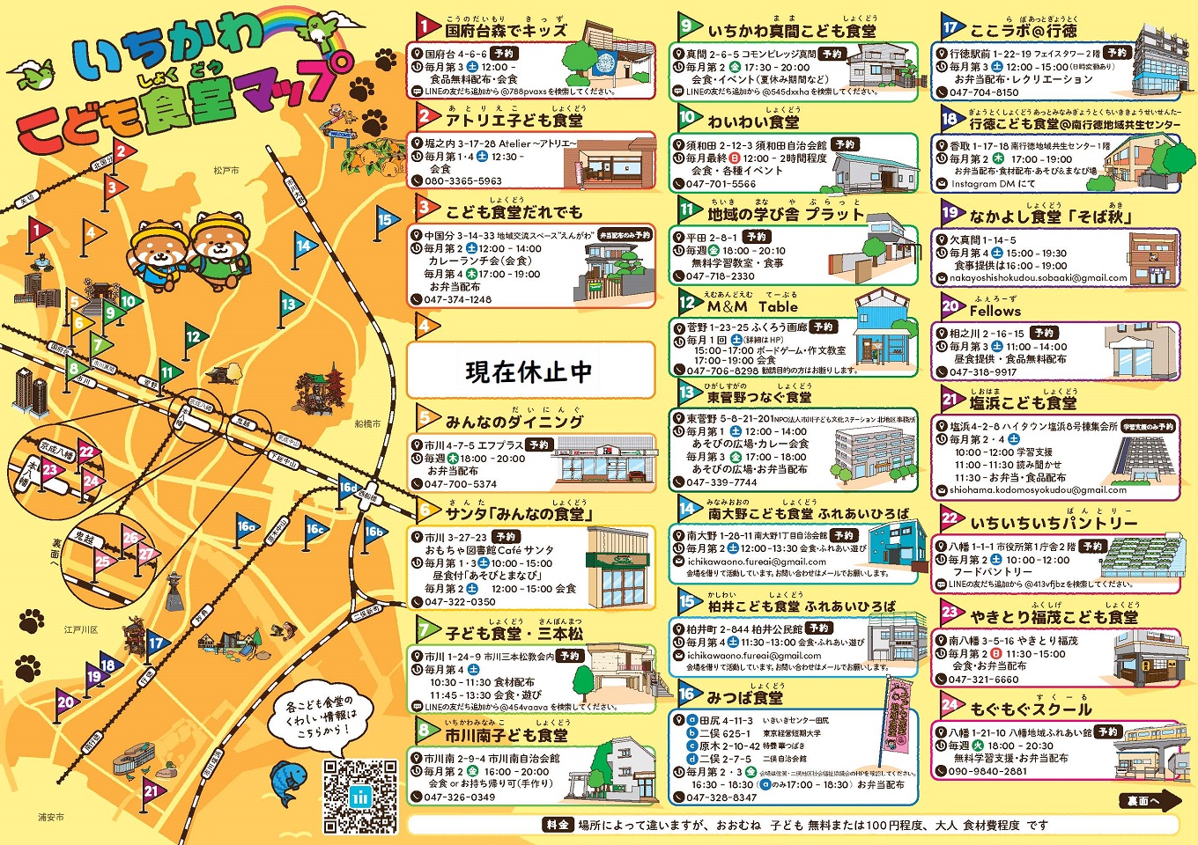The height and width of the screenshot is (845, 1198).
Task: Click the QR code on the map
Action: point(360,796)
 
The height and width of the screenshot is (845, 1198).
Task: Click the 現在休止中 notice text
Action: point(529,371)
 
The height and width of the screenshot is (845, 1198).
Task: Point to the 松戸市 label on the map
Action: point(226,170)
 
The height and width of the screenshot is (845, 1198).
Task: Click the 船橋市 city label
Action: point(367,423)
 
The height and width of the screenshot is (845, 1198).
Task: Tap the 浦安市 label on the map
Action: point(50,817)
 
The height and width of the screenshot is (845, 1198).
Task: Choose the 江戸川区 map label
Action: point(81,630)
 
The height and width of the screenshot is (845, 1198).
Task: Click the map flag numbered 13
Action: point(289,305)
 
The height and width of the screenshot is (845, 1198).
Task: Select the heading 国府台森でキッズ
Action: point(506,31)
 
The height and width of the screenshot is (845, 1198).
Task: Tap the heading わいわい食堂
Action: point(753,121)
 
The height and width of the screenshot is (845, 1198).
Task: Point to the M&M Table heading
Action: point(752,306)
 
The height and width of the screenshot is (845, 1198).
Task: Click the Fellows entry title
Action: point(995,311)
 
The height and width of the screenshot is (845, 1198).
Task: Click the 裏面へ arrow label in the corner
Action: point(1150,800)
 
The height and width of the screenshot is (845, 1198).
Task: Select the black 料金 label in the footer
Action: point(558,825)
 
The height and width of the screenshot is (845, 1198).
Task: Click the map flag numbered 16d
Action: point(350,488)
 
